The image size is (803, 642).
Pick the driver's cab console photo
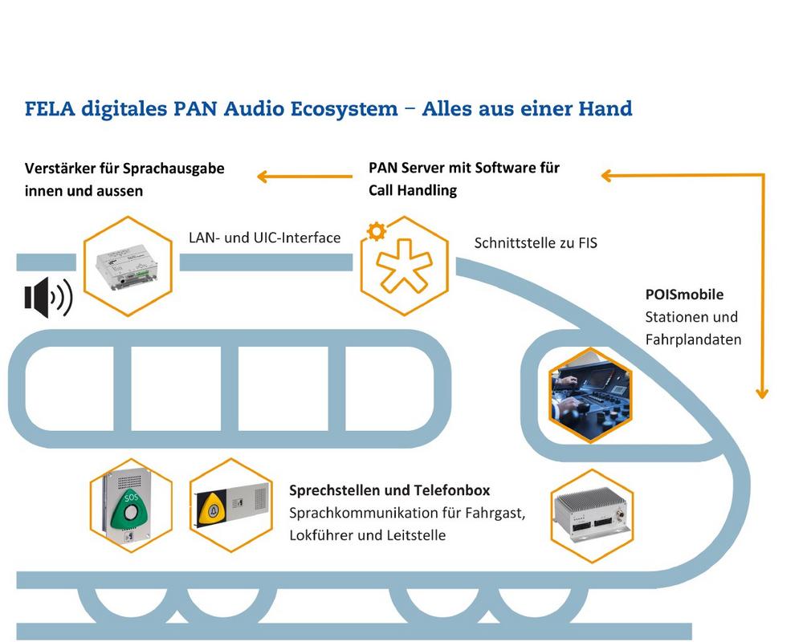589,395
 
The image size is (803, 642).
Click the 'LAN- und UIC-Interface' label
264,238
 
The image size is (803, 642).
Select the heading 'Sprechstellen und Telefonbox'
389,490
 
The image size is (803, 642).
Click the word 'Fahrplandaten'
693,339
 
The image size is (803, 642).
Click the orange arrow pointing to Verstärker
305,174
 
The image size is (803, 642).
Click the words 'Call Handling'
413,190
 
